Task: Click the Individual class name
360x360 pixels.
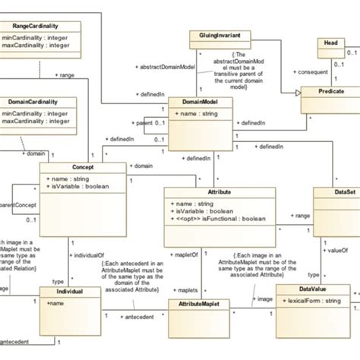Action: (x=69, y=292)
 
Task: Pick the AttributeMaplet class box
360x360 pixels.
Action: (x=199, y=302)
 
